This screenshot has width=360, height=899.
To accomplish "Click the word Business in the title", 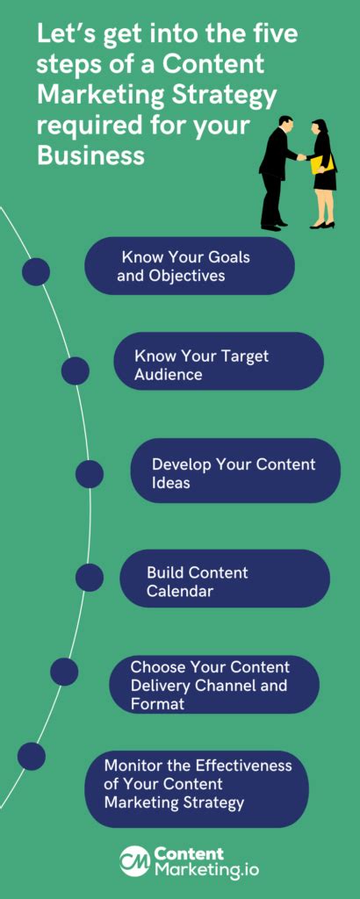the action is [90, 155].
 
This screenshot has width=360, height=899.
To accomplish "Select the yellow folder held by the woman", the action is [322, 163].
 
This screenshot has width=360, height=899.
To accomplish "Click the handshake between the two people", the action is [301, 157].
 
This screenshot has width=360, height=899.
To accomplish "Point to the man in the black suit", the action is [276, 173].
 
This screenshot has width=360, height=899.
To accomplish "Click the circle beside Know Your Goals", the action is [36, 271].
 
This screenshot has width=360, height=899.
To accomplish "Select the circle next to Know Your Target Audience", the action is [76, 370].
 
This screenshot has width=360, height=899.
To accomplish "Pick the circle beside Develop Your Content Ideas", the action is [90, 474].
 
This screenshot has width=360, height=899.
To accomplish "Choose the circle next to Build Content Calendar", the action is [90, 577].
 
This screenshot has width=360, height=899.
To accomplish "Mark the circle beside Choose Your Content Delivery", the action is [64, 672].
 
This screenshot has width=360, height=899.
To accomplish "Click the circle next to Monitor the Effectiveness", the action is [32, 756].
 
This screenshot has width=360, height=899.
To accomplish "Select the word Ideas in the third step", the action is [171, 483].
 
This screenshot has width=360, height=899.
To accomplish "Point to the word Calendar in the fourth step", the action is [179, 591].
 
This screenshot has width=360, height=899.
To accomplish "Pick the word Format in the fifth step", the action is [158, 703].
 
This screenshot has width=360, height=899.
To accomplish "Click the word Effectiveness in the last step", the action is [243, 766].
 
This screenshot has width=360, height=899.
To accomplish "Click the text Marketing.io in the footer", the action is [205, 869].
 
